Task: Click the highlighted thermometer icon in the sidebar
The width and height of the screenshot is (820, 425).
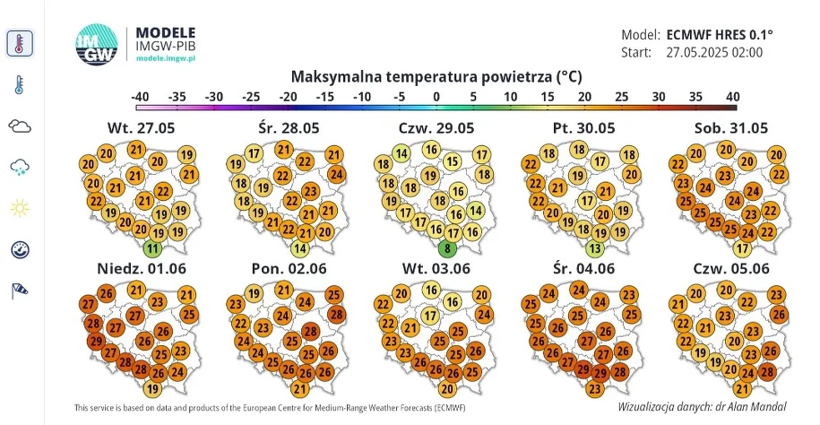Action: coord(20,43)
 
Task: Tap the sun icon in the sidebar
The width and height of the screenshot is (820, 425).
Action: coord(20,209)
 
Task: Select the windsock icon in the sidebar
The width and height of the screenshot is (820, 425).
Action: coord(20,290)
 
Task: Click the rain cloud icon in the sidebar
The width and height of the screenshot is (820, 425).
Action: coord(20,167)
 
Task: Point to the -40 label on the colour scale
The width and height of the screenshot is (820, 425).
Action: coord(139,96)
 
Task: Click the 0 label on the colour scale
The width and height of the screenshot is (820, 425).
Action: coord(436,96)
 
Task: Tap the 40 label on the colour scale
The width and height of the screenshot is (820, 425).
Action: coord(731,96)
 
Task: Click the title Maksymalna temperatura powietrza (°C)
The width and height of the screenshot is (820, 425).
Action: coord(436,76)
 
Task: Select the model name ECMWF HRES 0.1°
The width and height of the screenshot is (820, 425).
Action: coord(720,35)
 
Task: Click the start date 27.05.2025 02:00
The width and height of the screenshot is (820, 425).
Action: coord(714,52)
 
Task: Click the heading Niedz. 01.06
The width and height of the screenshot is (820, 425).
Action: coord(136,268)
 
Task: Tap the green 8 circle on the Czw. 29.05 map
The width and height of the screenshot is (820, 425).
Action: coord(448,248)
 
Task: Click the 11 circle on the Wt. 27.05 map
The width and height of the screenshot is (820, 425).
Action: coord(153,248)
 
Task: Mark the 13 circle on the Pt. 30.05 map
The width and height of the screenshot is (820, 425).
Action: coord(594,248)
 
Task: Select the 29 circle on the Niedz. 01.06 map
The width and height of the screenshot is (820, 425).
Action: coord(96,341)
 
